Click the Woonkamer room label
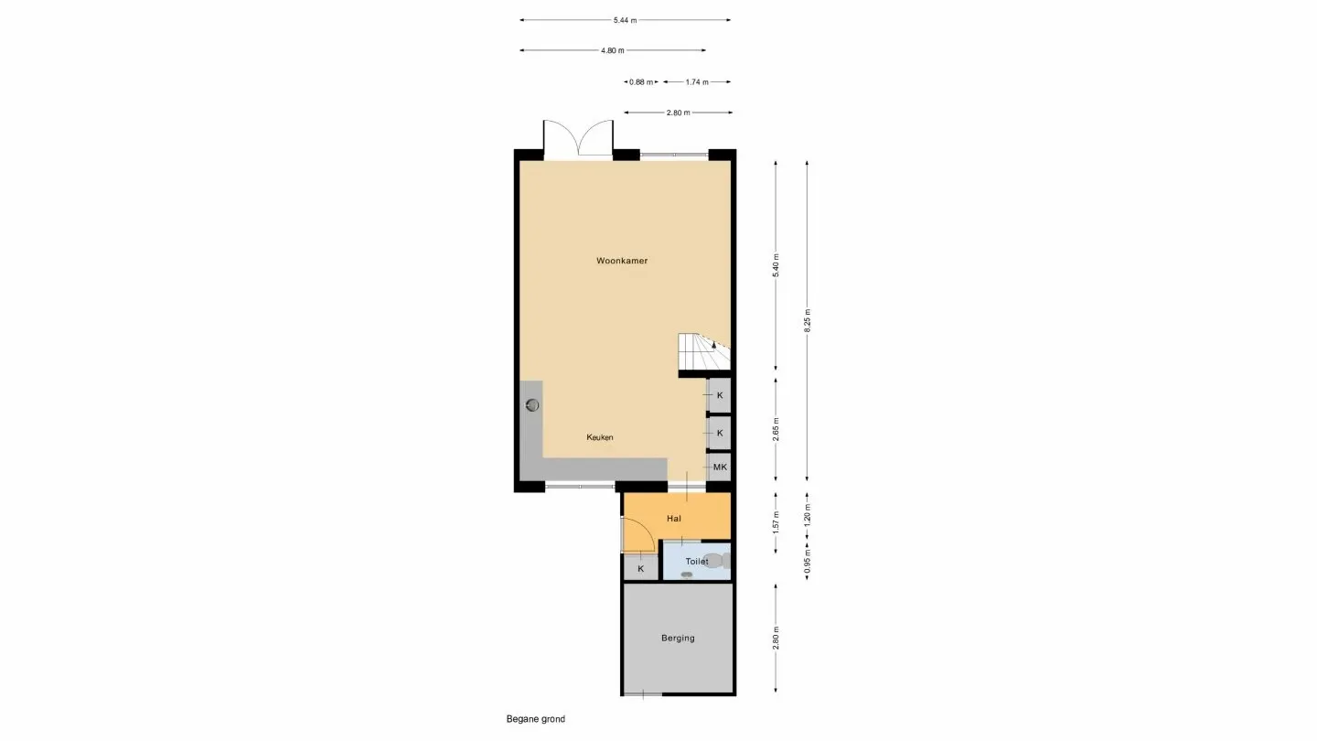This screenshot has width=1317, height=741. pyautogui.click(x=622, y=261)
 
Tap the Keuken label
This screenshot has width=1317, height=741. pyautogui.click(x=600, y=437)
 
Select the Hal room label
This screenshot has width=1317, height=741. pyautogui.click(x=674, y=518)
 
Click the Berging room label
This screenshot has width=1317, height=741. pyautogui.click(x=678, y=638)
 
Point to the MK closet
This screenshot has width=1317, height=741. pyautogui.click(x=720, y=467)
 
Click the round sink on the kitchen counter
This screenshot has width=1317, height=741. pyautogui.click(x=532, y=404)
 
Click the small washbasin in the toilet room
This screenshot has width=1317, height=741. pyautogui.click(x=687, y=575)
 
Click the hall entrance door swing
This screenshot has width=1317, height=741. pyautogui.click(x=637, y=536)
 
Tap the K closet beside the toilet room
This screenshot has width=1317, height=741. pyautogui.click(x=640, y=568)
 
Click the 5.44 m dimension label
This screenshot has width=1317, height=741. pyautogui.click(x=626, y=20)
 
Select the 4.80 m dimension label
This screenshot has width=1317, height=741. pyautogui.click(x=613, y=50)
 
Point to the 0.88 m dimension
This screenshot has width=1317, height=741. pyautogui.click(x=640, y=81)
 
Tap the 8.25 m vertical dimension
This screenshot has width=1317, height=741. pyautogui.click(x=808, y=319)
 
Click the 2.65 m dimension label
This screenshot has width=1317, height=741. pyautogui.click(x=776, y=430)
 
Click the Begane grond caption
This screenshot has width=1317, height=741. pyautogui.click(x=536, y=719)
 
